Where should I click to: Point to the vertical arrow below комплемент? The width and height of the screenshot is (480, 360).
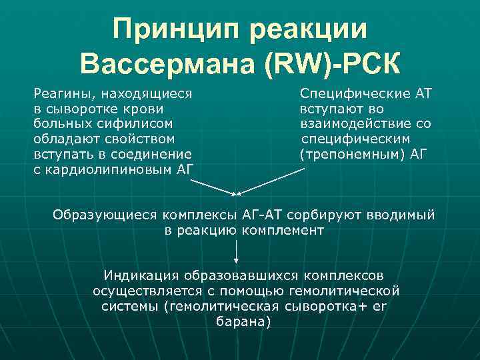pos(237,251)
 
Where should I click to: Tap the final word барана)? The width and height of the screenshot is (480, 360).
pos(244,321)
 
